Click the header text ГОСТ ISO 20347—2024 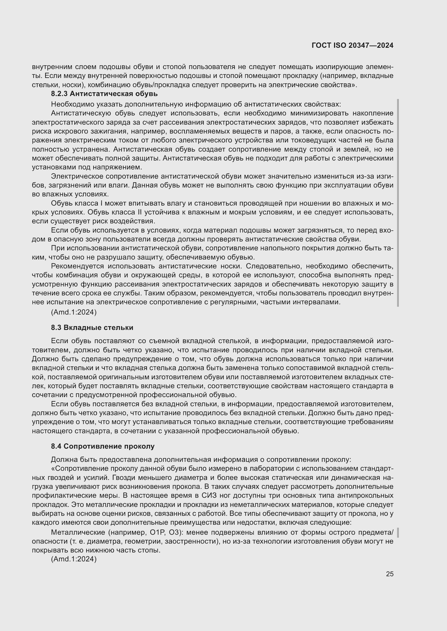352,45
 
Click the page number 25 389,574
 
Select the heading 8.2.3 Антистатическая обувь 104,94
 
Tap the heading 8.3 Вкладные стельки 92,328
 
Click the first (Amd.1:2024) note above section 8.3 74,312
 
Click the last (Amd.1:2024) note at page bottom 74,559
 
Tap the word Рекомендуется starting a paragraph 77,266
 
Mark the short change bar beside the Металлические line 398,533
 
